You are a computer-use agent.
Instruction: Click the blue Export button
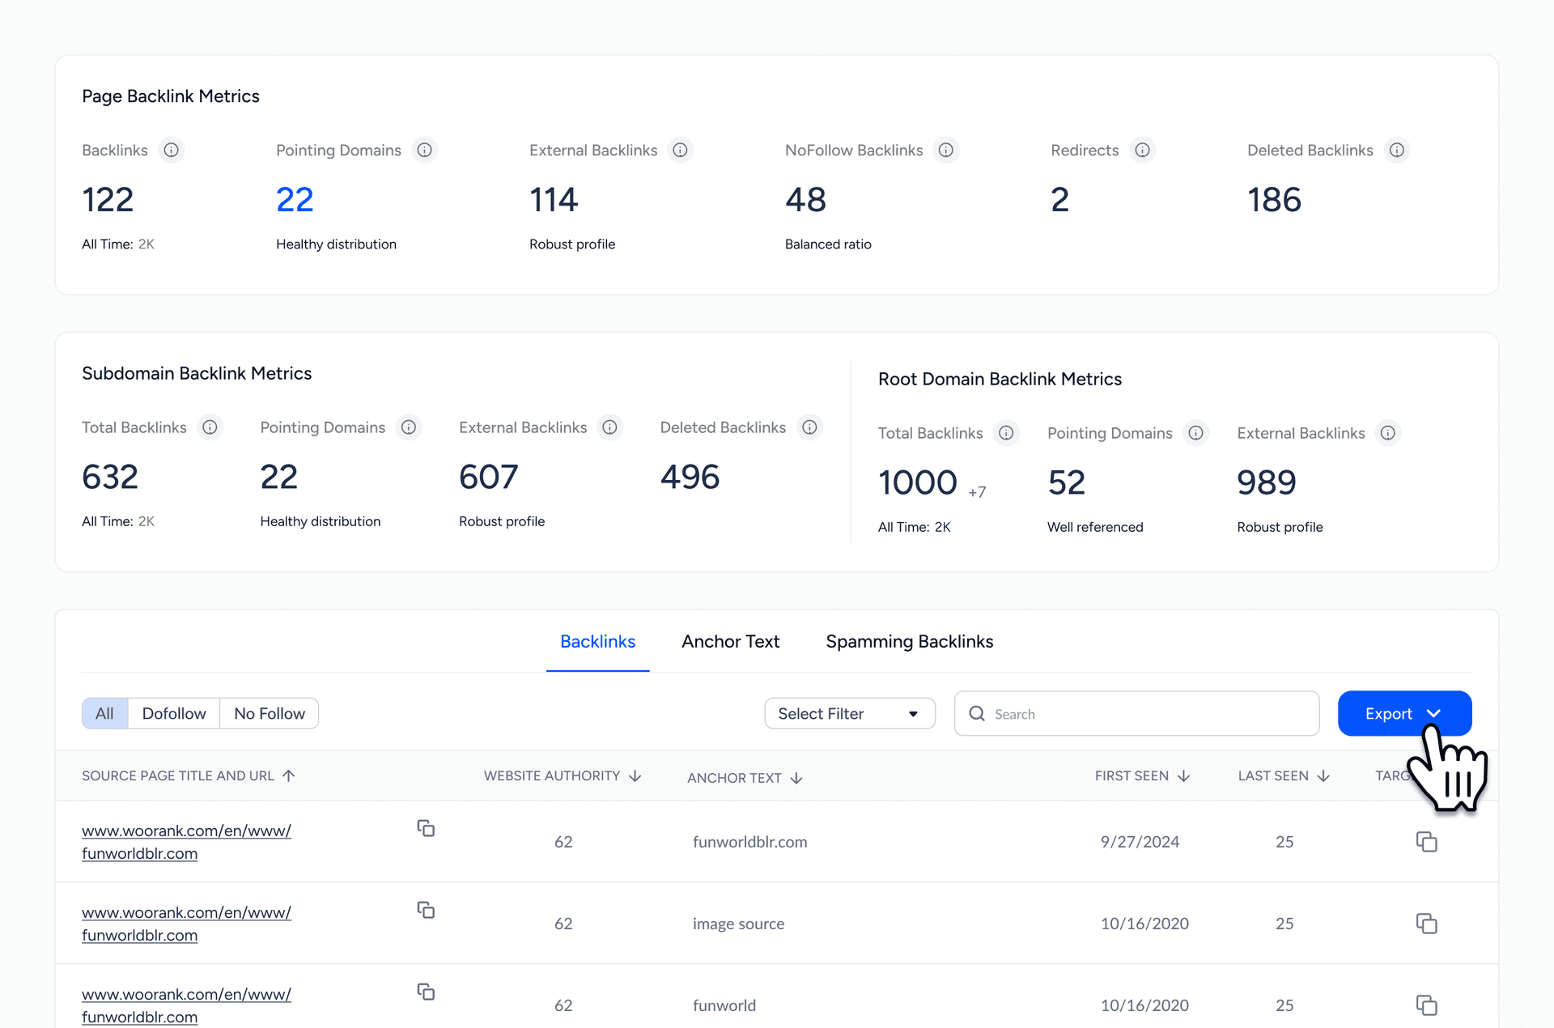pos(1388,713)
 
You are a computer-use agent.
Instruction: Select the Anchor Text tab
pos(730,641)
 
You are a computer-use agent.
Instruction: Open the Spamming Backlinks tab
pos(909,641)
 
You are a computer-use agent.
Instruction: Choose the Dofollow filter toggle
pos(174,713)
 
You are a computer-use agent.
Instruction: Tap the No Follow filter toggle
pos(270,713)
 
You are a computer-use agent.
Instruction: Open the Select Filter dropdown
pos(849,713)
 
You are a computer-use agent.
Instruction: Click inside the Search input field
pos(1149,713)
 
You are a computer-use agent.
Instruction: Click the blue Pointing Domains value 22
pos(295,199)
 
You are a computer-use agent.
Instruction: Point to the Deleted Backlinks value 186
pos(1274,199)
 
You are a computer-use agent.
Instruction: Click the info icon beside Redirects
pos(1142,150)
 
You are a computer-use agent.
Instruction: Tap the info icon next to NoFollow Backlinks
pos(945,150)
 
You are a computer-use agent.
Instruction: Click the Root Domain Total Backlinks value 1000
pos(918,482)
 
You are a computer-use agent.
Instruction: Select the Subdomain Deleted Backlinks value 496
pos(690,477)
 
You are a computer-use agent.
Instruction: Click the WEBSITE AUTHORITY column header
pos(553,775)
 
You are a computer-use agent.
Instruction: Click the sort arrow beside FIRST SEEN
pos(1184,775)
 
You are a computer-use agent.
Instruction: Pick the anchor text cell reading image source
pos(738,924)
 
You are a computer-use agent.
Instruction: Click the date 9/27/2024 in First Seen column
pos(1140,842)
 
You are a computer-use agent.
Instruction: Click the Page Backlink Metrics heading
pos(171,96)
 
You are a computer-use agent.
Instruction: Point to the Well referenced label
pos(1095,527)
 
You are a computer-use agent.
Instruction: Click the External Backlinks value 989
pos(1267,482)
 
